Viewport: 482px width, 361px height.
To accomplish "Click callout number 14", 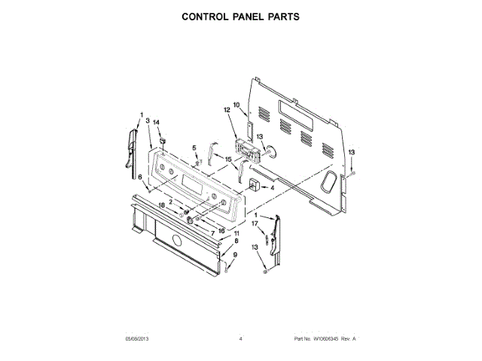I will pos(157,122).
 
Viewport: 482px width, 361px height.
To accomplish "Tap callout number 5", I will pos(194,148).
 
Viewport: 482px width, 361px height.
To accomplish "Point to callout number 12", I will pos(226,110).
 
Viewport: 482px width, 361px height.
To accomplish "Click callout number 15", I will pos(228,159).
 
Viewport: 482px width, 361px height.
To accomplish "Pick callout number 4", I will pos(272,187).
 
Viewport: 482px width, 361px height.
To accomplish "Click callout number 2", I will pos(170,202).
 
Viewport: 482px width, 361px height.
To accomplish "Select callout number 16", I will pos(221,230).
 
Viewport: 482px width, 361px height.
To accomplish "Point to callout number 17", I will pos(255,223).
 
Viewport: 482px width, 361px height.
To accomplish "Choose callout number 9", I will pos(235,255).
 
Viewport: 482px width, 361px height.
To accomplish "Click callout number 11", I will pos(235,234).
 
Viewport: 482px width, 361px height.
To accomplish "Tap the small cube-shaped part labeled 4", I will pos(253,185).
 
